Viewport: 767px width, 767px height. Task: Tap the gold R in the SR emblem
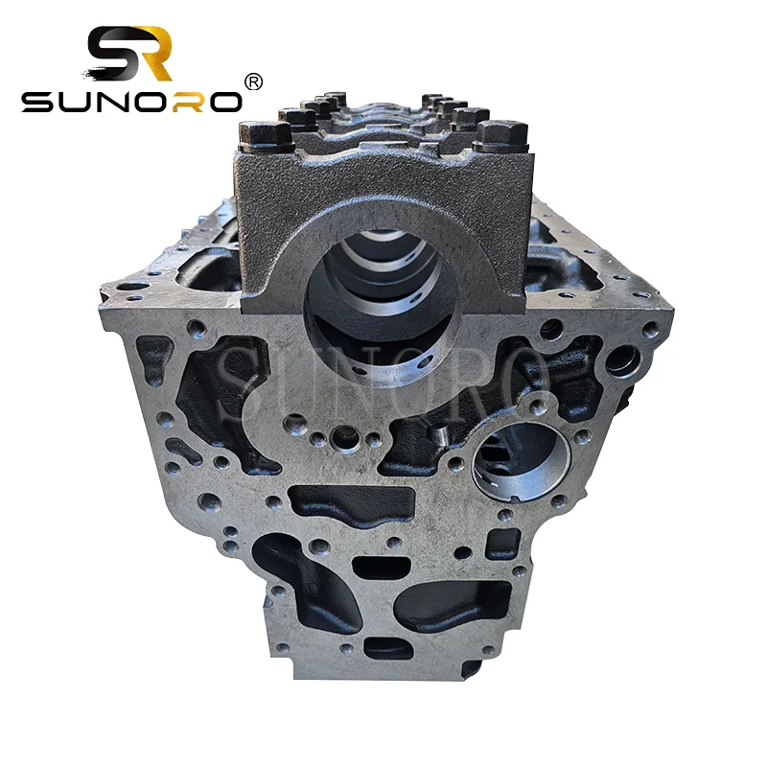click(153, 54)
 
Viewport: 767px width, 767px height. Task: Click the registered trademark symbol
click(254, 82)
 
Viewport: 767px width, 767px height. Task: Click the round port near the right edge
click(623, 361)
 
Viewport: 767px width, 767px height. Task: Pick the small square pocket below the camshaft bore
click(501, 543)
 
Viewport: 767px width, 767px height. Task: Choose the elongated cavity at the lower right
click(451, 604)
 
